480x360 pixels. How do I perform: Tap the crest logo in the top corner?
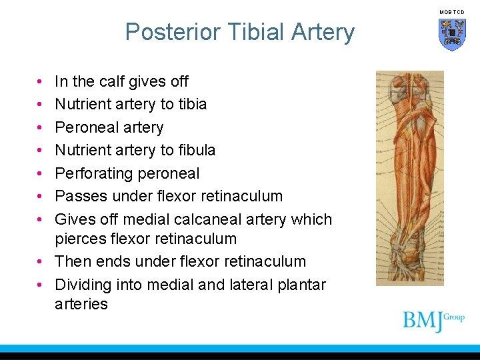pyautogui.click(x=451, y=33)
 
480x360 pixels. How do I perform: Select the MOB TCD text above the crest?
pyautogui.click(x=451, y=12)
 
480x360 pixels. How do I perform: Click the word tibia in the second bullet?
pyautogui.click(x=191, y=104)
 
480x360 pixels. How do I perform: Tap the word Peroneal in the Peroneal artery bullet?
pyautogui.click(x=82, y=127)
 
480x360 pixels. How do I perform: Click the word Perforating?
pyautogui.click(x=90, y=173)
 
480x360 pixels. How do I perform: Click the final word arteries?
pyautogui.click(x=81, y=304)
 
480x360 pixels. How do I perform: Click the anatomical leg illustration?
pyautogui.click(x=409, y=179)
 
